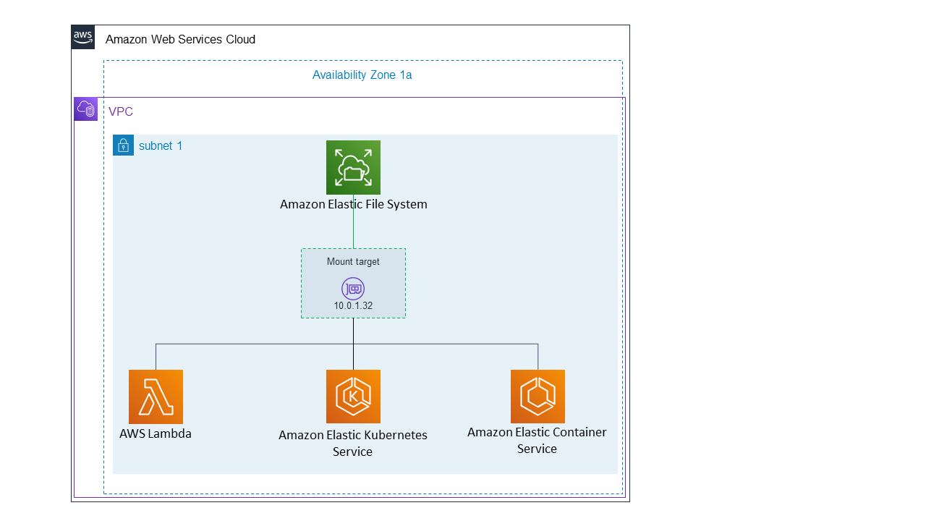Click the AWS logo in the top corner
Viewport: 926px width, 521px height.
pyautogui.click(x=83, y=37)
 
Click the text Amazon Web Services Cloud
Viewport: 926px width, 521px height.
pyautogui.click(x=180, y=39)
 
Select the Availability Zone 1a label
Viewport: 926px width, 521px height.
pyautogui.click(x=362, y=75)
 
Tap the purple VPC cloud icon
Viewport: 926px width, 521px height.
pyautogui.click(x=86, y=109)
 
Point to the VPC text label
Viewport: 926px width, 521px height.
pyautogui.click(x=121, y=112)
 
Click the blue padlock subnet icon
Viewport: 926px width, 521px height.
pyautogui.click(x=124, y=145)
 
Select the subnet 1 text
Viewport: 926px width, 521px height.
pyautogui.click(x=161, y=145)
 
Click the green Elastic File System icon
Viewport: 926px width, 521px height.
pyautogui.click(x=353, y=167)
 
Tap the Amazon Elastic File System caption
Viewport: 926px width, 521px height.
pyautogui.click(x=353, y=204)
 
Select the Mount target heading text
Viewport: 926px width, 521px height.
pyautogui.click(x=353, y=262)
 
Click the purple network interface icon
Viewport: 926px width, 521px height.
pyautogui.click(x=353, y=289)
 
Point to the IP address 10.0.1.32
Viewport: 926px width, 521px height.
pyautogui.click(x=353, y=305)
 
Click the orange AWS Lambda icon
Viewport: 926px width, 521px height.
pyautogui.click(x=156, y=397)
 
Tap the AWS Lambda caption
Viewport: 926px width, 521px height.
pyautogui.click(x=156, y=434)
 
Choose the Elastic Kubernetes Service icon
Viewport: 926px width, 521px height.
pyautogui.click(x=353, y=397)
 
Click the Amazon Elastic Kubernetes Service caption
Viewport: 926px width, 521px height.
pyautogui.click(x=353, y=443)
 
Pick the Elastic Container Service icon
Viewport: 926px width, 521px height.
pyautogui.click(x=538, y=397)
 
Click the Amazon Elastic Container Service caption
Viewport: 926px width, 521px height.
pyautogui.click(x=537, y=440)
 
